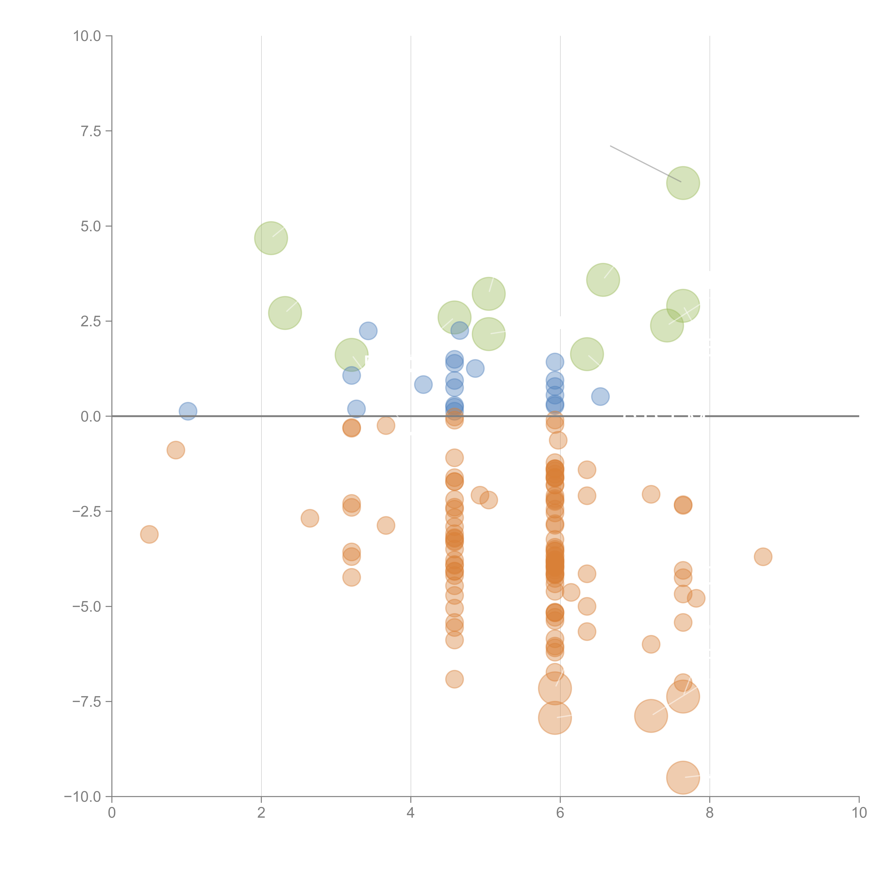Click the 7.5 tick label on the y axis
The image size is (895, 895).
point(91,131)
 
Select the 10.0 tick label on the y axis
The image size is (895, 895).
point(87,36)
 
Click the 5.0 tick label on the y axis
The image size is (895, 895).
point(91,226)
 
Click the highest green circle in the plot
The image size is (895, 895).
point(683,183)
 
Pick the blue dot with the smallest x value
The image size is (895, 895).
point(188,411)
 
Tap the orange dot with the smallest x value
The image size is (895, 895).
point(149,534)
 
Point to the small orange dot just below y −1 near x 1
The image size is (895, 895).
point(176,450)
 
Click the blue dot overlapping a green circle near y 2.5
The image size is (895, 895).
point(459,331)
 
